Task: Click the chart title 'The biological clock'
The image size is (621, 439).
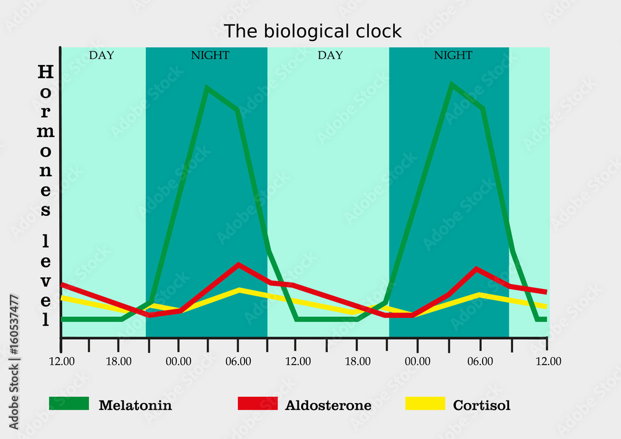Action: click(x=312, y=31)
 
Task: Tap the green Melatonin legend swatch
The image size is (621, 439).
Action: click(x=69, y=404)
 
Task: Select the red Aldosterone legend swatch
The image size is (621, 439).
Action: click(x=258, y=404)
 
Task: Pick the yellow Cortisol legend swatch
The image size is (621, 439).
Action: click(x=425, y=404)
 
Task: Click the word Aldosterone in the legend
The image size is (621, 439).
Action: click(x=328, y=406)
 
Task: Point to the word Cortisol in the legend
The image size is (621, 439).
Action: click(x=481, y=406)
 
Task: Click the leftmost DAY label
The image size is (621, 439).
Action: click(x=101, y=55)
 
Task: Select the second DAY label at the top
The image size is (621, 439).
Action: click(x=330, y=55)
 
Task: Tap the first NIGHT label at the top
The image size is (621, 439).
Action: click(x=210, y=55)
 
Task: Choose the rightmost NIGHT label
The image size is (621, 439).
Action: click(x=453, y=55)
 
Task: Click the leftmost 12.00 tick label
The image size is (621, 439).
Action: click(x=60, y=361)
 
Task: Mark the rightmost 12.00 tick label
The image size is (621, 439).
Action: click(x=546, y=361)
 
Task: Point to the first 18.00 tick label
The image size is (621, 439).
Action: click(x=119, y=361)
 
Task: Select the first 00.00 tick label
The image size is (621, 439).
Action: click(x=178, y=361)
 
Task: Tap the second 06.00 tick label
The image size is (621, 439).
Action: click(x=480, y=361)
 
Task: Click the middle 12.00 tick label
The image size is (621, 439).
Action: click(x=297, y=361)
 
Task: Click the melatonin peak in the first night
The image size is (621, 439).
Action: click(x=207, y=88)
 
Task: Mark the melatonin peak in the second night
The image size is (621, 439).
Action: click(x=452, y=85)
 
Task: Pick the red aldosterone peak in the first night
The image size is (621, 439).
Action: click(x=238, y=265)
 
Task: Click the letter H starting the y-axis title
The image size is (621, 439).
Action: click(x=45, y=72)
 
